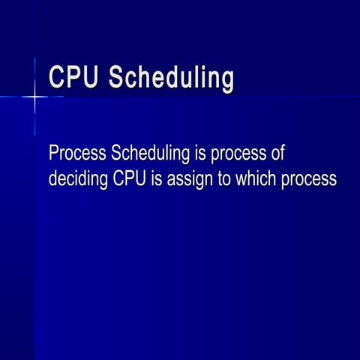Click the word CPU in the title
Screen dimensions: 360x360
(73, 78)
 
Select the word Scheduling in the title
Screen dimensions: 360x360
(171, 79)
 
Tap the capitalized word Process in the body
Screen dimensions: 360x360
(77, 154)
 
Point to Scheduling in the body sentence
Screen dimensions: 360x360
(150, 154)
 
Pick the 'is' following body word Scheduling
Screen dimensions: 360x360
(200, 154)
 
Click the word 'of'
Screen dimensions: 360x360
(277, 154)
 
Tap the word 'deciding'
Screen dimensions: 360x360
(79, 180)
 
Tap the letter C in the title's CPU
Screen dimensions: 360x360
(57, 78)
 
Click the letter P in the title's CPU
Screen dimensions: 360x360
(73, 78)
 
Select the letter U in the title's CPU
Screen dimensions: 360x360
(90, 78)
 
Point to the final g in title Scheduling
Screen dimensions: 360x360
(226, 81)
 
